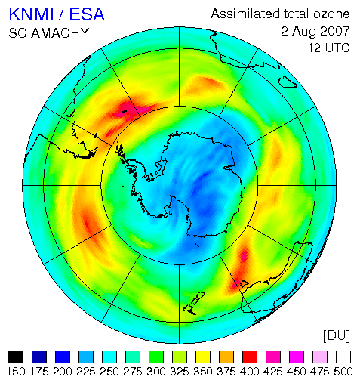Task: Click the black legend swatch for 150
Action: click(16, 357)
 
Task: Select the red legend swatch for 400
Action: click(250, 357)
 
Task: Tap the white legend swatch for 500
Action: click(343, 357)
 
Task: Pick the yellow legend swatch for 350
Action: click(203, 357)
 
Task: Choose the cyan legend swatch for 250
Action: click(109, 357)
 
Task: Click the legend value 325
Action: click(180, 372)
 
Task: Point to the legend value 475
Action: click(320, 372)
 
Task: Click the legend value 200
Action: click(63, 372)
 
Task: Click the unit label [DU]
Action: click(337, 335)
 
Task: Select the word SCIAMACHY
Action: click(49, 33)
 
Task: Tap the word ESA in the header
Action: click(87, 14)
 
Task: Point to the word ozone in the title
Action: click(331, 14)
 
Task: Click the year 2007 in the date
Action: click(335, 31)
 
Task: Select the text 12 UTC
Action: click(329, 48)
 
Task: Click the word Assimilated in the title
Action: click(245, 14)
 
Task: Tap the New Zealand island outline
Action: click(194, 303)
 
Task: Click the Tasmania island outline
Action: click(245, 284)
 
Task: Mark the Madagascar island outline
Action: click(288, 82)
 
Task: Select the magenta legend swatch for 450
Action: click(297, 357)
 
